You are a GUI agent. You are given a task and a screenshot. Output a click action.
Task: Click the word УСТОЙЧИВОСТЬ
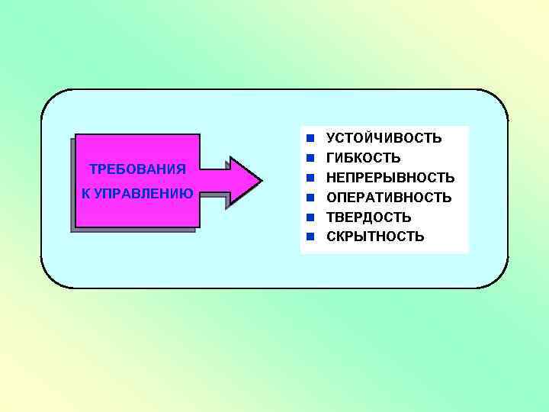point(384,138)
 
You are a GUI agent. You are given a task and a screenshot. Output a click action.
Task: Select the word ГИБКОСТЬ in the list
point(363,158)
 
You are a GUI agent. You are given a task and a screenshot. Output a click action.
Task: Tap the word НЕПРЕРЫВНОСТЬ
point(390,178)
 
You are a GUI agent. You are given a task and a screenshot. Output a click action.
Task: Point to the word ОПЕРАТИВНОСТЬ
point(389,198)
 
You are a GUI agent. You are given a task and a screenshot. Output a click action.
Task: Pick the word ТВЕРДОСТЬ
point(368,217)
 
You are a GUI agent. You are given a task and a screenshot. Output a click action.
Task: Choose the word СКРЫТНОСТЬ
point(375,237)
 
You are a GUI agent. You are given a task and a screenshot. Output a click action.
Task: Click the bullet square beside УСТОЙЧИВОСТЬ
point(310,138)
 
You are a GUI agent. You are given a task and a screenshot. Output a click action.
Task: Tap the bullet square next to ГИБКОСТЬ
point(310,158)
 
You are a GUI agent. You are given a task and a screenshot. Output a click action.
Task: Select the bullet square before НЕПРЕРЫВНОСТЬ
point(310,178)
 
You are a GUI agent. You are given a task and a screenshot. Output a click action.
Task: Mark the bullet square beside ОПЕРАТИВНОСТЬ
point(310,198)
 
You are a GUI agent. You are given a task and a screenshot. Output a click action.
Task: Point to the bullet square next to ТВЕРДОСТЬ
point(310,217)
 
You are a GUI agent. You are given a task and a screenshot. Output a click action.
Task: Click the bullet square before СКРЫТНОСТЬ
point(310,237)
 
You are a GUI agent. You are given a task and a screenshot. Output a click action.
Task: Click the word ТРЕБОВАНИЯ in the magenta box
point(137,168)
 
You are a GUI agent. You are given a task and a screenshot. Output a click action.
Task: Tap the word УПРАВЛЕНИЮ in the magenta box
point(144,192)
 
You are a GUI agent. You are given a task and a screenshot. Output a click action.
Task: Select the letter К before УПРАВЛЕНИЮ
point(86,192)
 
